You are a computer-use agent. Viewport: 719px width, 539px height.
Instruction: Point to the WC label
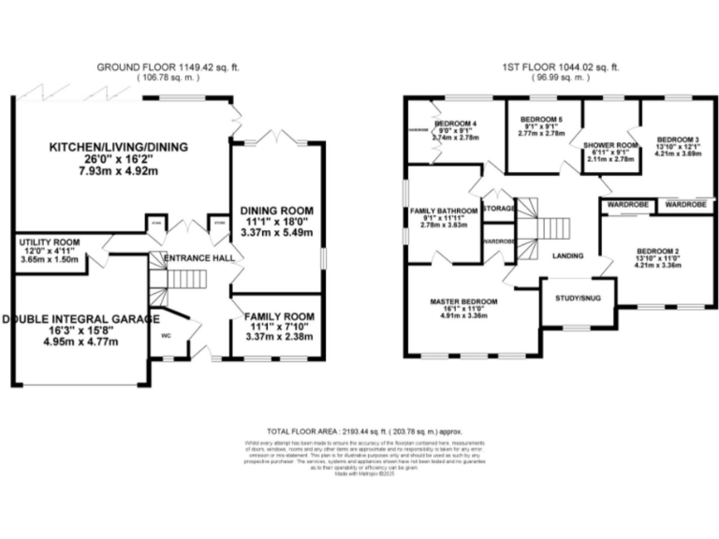(165, 333)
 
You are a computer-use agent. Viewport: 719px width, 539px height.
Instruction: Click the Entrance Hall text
(198, 257)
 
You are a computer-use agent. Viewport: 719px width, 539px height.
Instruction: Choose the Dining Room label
(277, 210)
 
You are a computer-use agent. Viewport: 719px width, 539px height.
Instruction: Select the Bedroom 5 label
(541, 119)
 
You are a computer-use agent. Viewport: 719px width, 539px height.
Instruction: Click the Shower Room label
(610, 145)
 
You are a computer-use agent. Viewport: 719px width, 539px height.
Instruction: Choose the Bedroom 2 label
(658, 252)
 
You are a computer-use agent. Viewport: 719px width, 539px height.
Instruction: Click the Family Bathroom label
(444, 211)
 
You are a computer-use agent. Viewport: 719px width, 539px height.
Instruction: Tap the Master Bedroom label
(463, 301)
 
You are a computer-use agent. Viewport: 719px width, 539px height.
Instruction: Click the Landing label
(568, 255)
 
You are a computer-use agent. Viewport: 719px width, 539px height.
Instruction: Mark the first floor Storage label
(499, 208)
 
